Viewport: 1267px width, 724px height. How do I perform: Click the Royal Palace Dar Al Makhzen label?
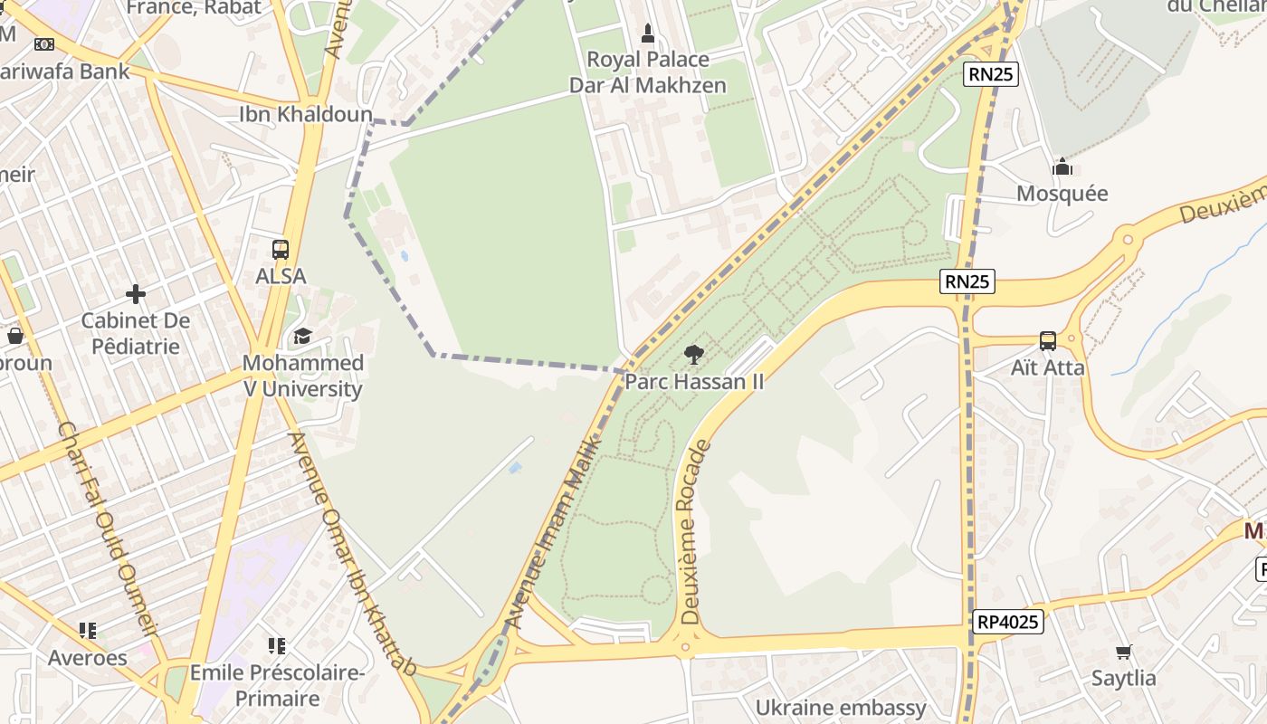pos(647,72)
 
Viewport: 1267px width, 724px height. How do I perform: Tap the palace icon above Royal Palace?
pos(647,34)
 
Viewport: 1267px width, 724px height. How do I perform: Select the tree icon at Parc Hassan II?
pos(694,355)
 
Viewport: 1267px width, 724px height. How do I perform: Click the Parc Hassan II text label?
pos(694,382)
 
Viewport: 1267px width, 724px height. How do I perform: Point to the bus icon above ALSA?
pos(281,250)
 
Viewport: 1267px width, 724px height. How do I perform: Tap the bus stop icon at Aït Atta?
pos(1047,341)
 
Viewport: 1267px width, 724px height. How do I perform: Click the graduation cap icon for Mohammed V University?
pos(302,337)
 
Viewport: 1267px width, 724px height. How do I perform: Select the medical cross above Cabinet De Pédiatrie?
pos(136,294)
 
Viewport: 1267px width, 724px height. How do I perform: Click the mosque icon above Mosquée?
pos(1062,167)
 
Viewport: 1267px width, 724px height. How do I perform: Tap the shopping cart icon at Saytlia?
pos(1124,652)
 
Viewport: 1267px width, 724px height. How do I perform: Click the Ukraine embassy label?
pos(841,708)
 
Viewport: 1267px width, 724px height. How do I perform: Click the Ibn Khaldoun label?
pos(306,114)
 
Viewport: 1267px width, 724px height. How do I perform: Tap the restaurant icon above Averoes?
pos(87,630)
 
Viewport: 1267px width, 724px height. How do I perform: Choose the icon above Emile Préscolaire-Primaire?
pos(277,646)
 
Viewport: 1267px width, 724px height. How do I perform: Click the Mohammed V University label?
pos(302,376)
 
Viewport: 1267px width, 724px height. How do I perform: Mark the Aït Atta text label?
pos(1047,368)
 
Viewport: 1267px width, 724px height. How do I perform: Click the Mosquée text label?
pos(1062,194)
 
